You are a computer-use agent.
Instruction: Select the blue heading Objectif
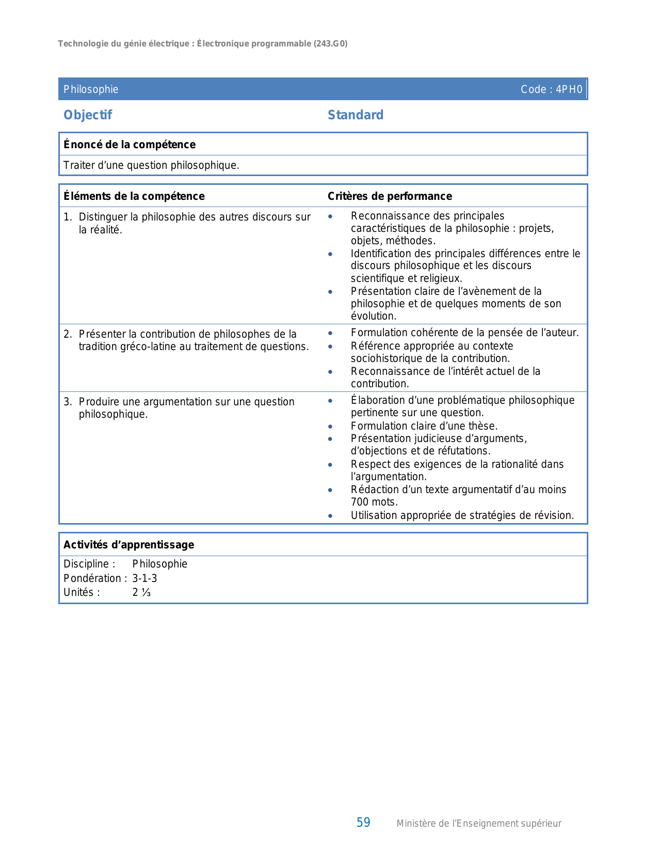pos(88,115)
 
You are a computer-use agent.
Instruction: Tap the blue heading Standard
pos(356,115)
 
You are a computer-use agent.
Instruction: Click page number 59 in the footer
pos(363,823)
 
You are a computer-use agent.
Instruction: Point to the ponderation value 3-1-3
pos(145,578)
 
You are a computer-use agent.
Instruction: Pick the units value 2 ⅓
pos(141,593)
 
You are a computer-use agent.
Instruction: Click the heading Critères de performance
pos(390,196)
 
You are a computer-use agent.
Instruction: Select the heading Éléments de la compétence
pos(134,196)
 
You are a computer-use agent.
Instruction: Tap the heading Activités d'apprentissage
pos(129,545)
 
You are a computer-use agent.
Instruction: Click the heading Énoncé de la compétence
pos(130,145)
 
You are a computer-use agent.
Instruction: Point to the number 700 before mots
pos(360,502)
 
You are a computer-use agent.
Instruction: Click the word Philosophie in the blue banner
pos(91,89)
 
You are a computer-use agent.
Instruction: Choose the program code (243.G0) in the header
pos(330,44)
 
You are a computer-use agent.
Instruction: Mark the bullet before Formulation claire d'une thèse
pos(330,427)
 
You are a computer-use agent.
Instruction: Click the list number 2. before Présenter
pos(68,334)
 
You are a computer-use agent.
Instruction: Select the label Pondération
pos(92,578)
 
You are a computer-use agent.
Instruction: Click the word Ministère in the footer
pos(417,824)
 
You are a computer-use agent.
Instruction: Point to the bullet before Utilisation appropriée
pos(330,516)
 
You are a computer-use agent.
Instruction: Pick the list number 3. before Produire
pos(68,402)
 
